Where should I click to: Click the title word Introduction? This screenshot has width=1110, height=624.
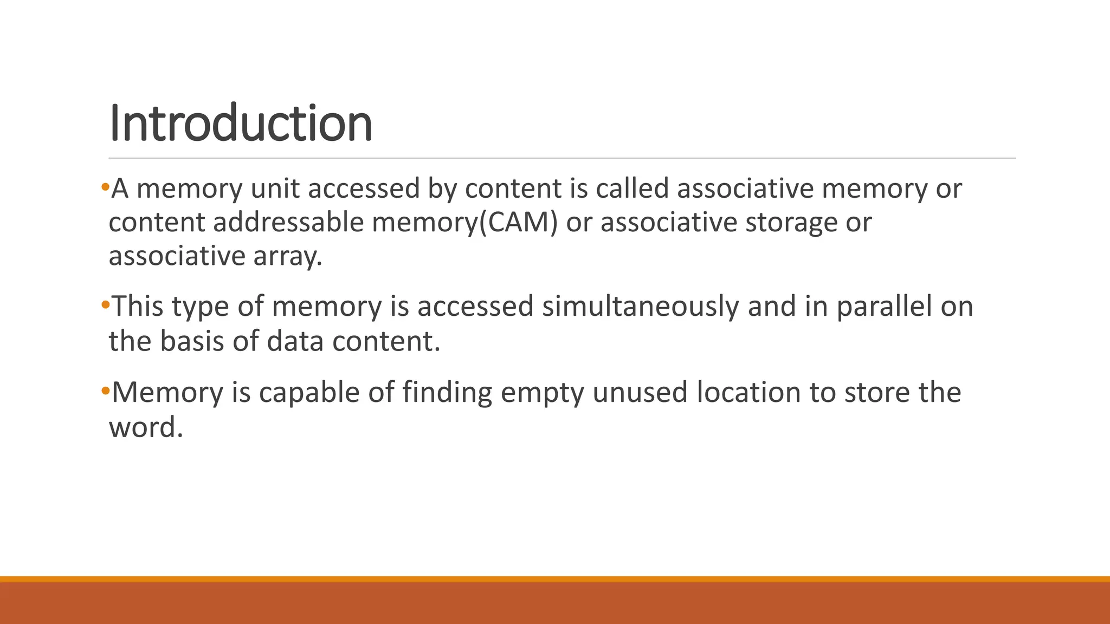coord(241,123)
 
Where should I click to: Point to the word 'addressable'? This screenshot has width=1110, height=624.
coord(288,223)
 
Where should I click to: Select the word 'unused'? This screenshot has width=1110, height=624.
coord(640,393)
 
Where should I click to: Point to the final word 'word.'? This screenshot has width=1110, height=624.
coord(146,427)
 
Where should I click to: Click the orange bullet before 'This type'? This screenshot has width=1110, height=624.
coord(105,305)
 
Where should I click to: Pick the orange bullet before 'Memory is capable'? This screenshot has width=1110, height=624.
coord(105,391)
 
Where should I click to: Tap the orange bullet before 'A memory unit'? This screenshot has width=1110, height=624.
coord(105,187)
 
